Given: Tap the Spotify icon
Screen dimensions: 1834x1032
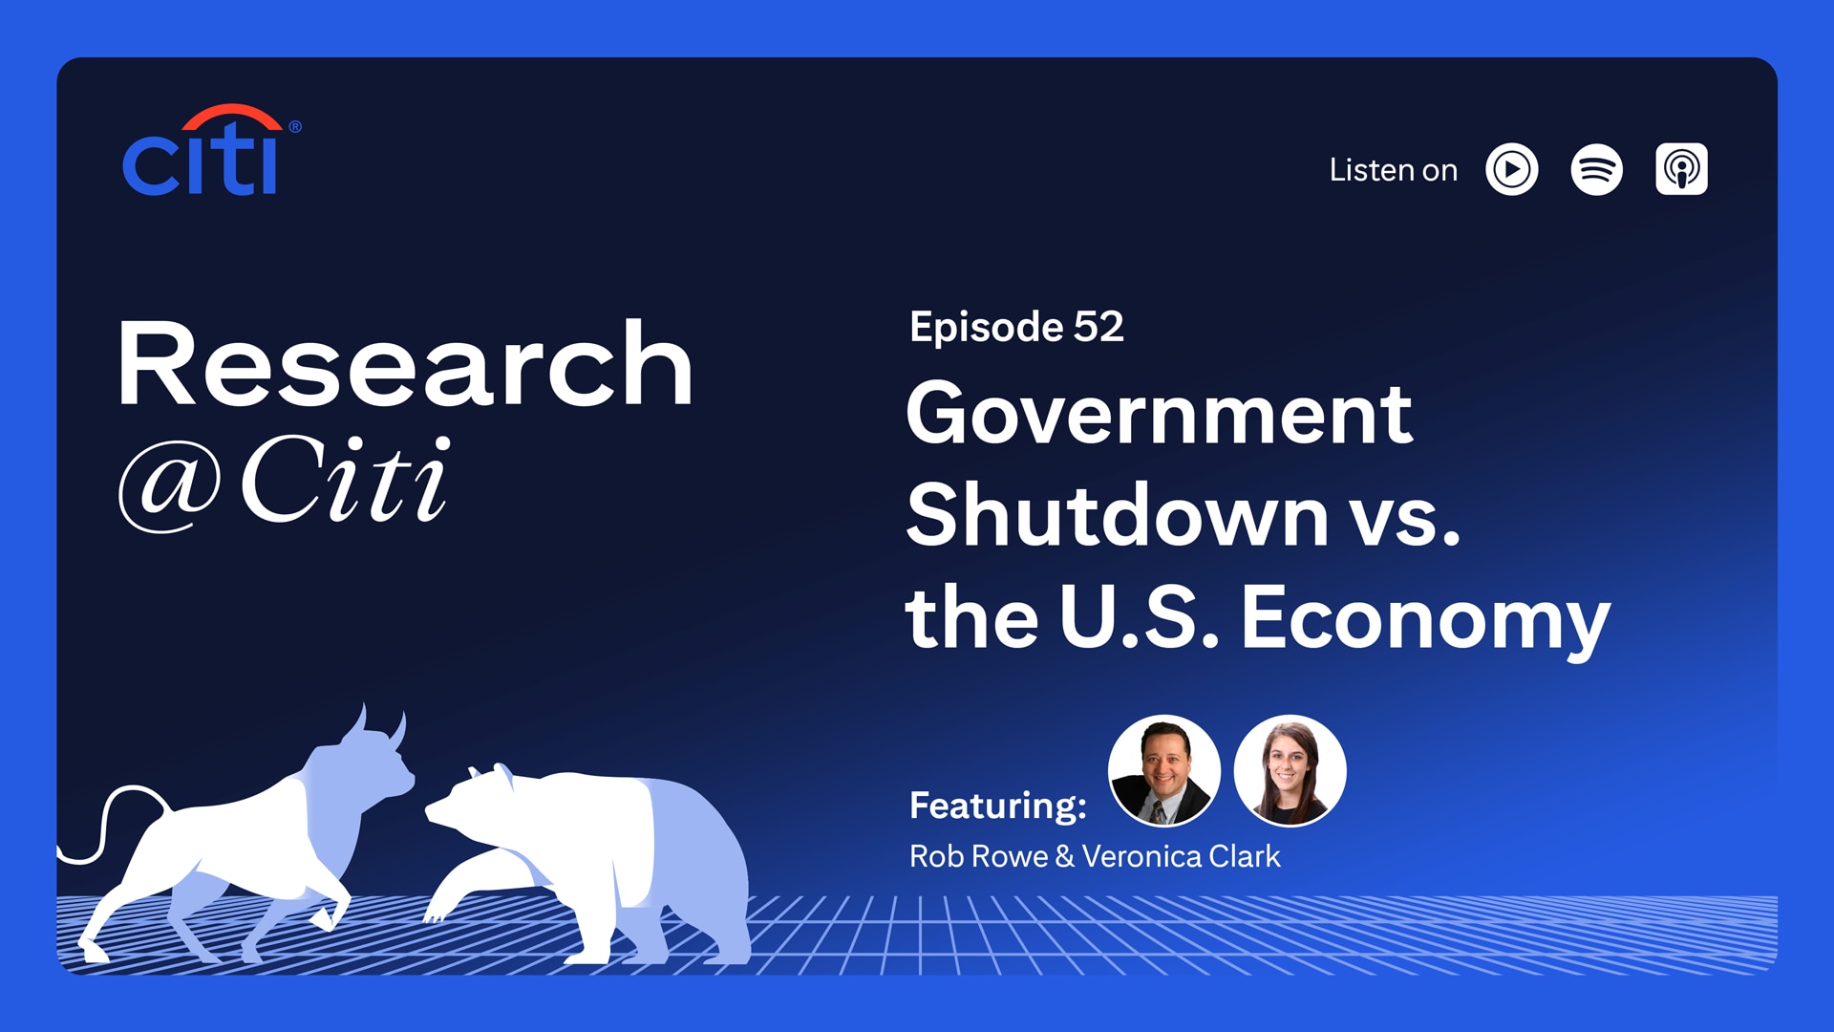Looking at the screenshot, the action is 1596,170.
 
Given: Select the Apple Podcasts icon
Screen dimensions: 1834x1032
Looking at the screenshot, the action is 1681,170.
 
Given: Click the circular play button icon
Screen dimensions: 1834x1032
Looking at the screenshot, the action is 1512,170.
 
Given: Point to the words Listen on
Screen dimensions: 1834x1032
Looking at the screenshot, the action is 1393,170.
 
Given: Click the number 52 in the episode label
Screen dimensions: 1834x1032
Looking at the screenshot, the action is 1098,327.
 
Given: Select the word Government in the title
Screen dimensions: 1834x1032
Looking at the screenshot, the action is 1159,414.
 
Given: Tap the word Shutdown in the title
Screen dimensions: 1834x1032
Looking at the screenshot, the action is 1118,515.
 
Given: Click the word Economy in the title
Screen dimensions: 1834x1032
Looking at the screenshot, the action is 1425,619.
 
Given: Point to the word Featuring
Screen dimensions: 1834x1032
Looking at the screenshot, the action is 998,806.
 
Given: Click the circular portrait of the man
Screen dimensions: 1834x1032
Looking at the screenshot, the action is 1163,770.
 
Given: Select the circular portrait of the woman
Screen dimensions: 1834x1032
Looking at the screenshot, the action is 1290,770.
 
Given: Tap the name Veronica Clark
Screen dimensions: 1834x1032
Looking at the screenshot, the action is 1181,856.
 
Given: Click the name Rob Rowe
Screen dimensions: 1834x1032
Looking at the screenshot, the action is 978,856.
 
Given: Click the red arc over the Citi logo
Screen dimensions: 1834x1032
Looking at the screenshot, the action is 232,116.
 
